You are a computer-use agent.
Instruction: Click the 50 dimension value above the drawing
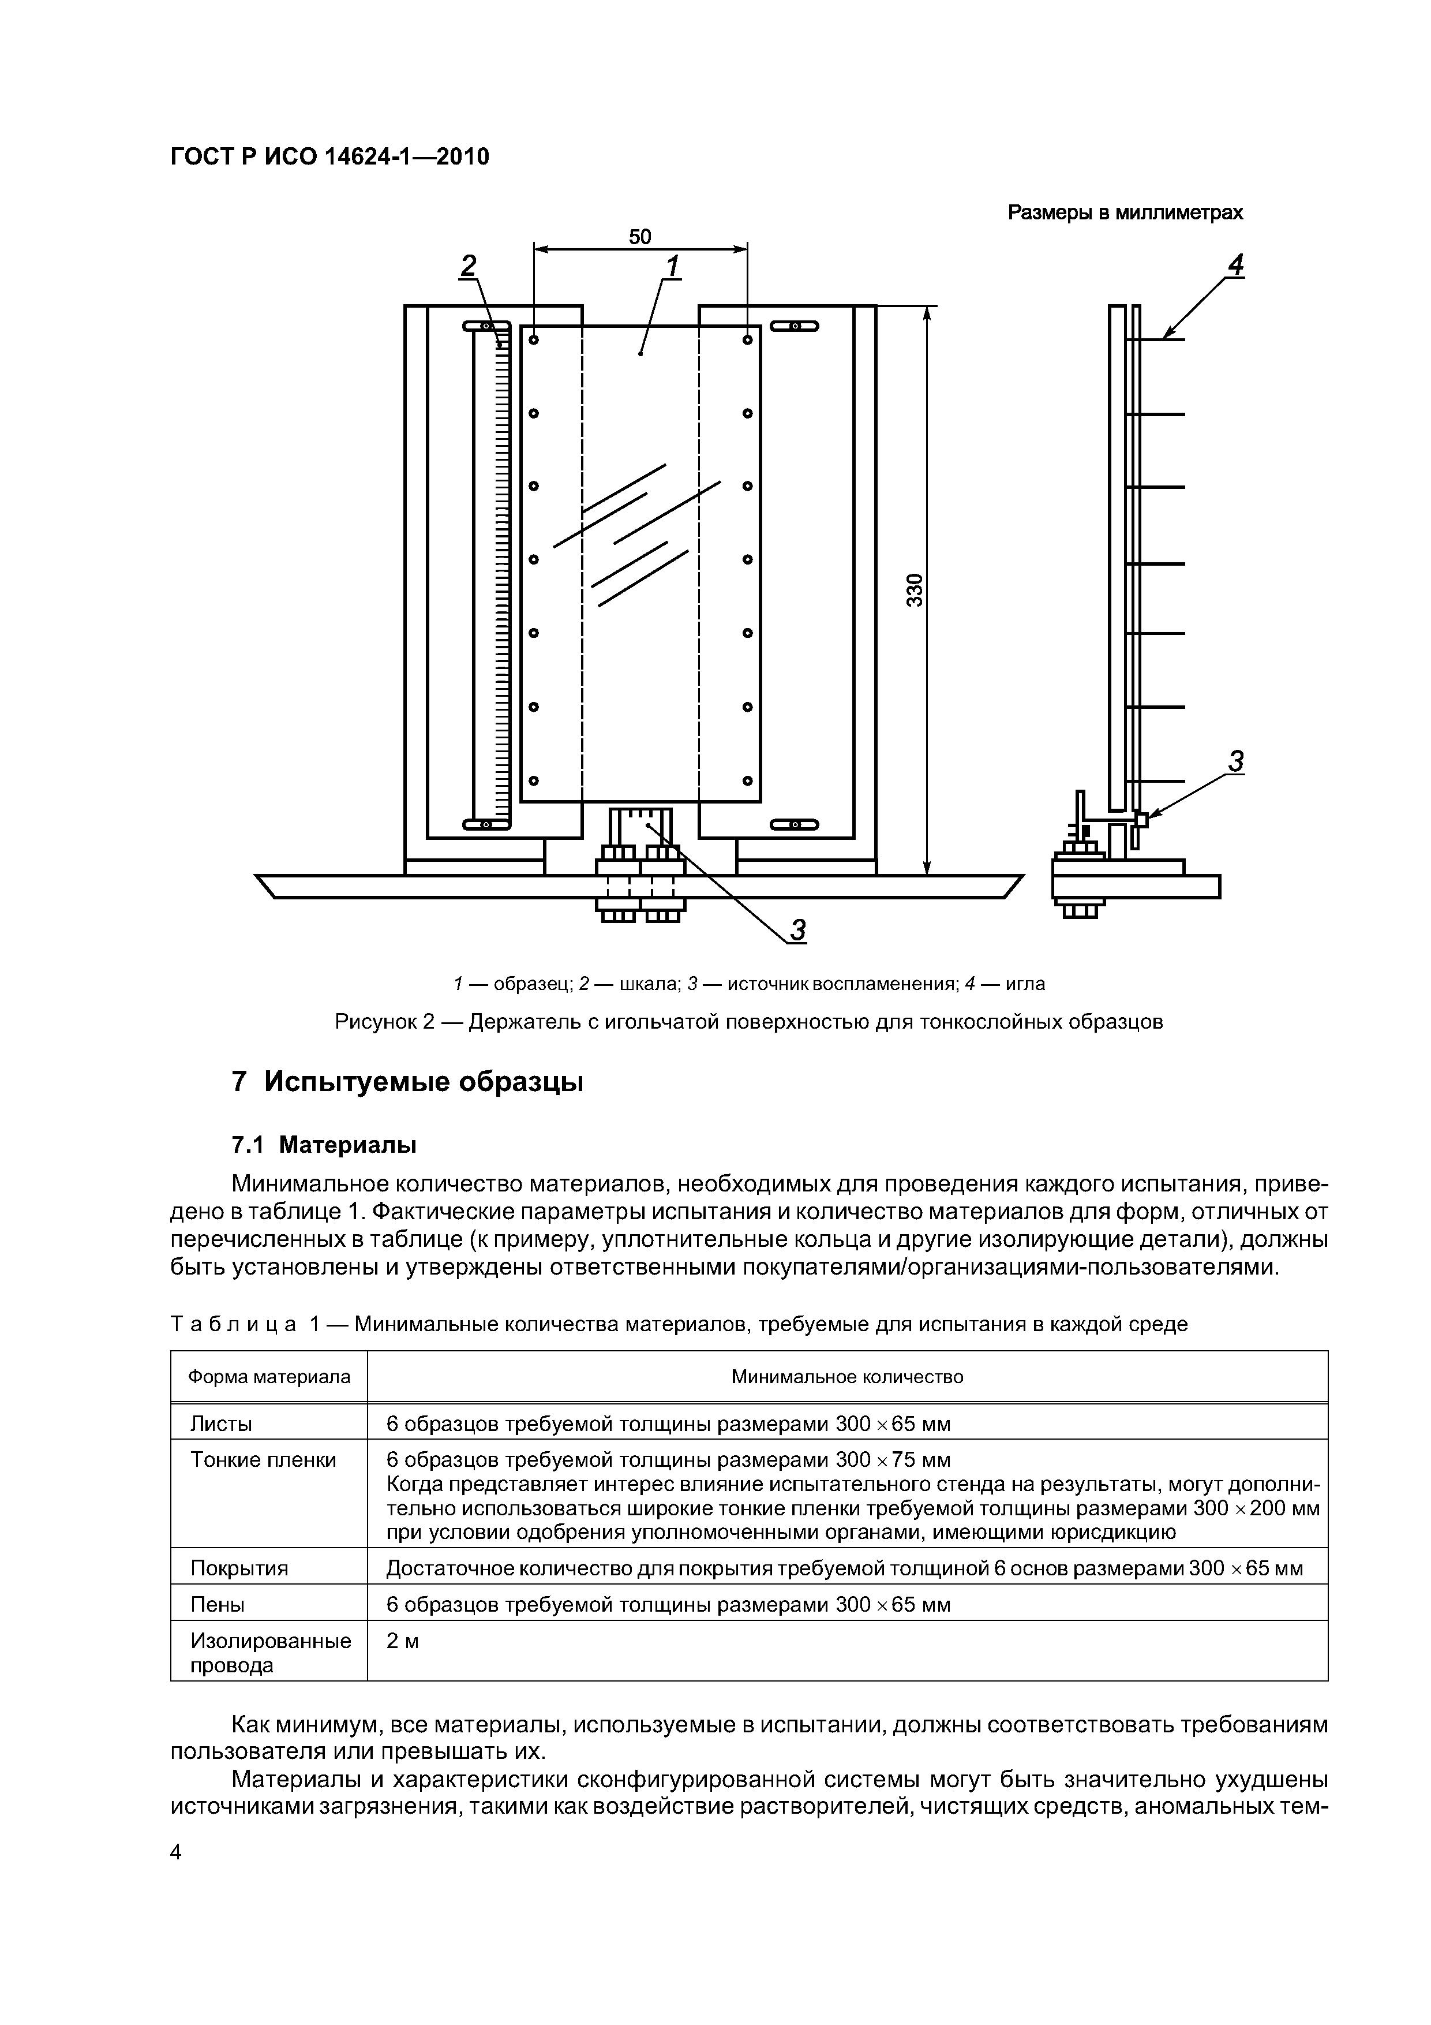(x=639, y=237)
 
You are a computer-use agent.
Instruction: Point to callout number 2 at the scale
(x=468, y=266)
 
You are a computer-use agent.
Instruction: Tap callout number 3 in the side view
(x=1235, y=761)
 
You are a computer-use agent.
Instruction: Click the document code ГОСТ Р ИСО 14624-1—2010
(x=329, y=157)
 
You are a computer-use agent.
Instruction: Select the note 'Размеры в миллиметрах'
(x=1125, y=212)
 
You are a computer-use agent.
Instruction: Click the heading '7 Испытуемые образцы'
(x=407, y=1081)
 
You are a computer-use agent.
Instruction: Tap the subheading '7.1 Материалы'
(x=324, y=1145)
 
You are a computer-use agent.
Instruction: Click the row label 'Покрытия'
(x=239, y=1568)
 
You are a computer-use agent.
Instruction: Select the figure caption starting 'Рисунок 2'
(x=748, y=1022)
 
